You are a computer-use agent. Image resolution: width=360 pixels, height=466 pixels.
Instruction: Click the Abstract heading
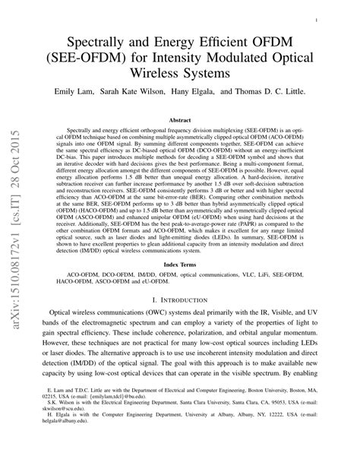click(179, 120)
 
